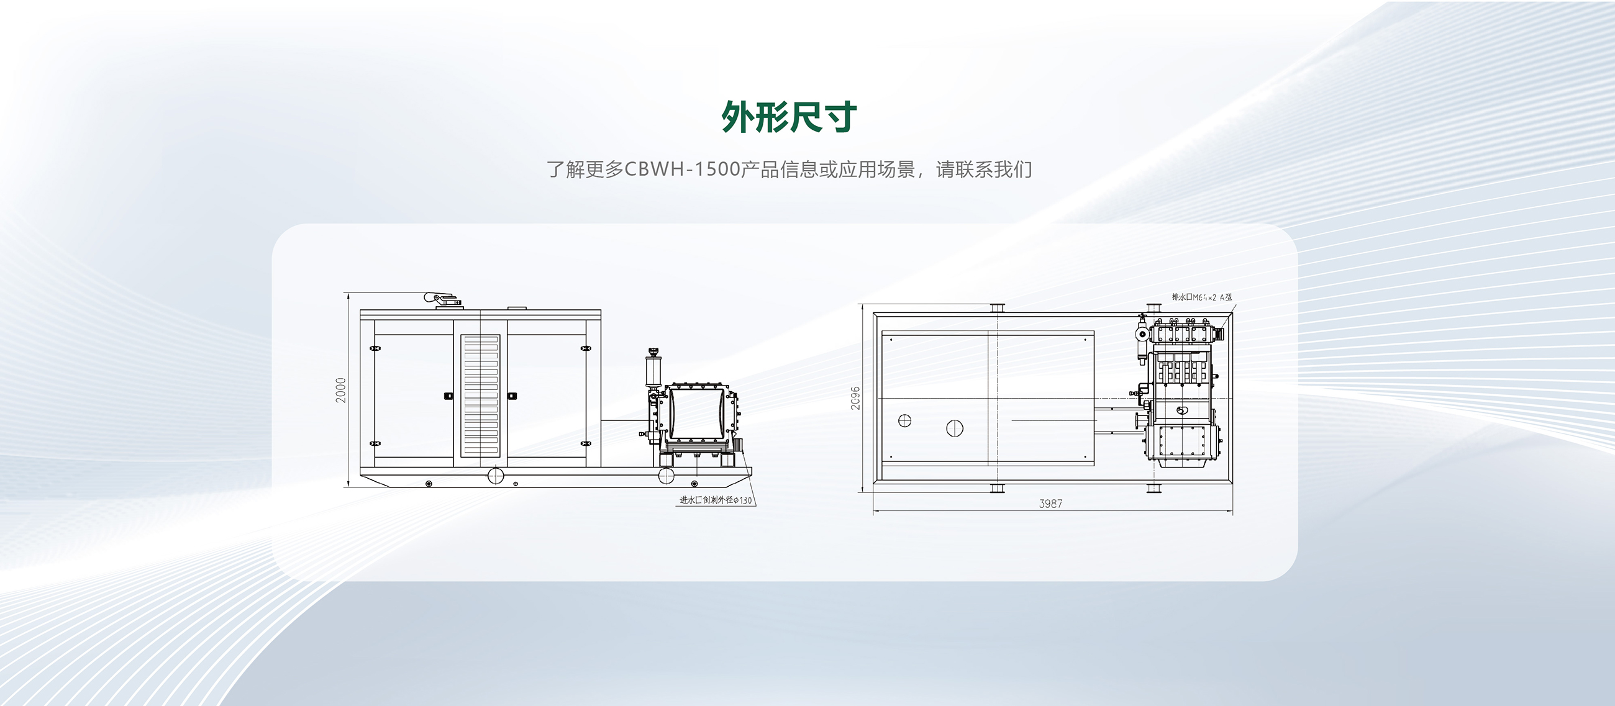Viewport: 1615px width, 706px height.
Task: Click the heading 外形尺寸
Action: click(789, 117)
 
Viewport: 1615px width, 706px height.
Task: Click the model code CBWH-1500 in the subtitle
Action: click(683, 170)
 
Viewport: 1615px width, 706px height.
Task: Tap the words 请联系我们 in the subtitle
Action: click(984, 170)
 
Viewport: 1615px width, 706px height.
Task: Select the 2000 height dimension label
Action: click(341, 390)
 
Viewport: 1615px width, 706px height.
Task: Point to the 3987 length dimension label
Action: click(1051, 504)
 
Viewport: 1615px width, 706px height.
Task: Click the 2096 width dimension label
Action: click(855, 399)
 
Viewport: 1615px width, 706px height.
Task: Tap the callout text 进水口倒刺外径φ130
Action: click(716, 500)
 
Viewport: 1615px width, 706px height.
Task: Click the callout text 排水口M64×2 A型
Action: click(1201, 297)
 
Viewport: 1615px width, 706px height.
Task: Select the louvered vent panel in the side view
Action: click(480, 396)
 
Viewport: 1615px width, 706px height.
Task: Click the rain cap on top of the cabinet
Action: click(442, 299)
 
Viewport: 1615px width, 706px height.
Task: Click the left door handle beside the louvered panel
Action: click(448, 396)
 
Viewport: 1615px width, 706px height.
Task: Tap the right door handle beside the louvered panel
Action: click(512, 396)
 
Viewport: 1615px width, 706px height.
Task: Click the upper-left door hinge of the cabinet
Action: click(375, 348)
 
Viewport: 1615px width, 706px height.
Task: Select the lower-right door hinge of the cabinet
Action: click(586, 443)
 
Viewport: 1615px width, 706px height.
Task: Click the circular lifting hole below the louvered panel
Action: click(495, 476)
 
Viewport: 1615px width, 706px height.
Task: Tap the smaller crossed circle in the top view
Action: click(904, 421)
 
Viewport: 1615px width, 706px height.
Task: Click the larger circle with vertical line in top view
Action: click(954, 428)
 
